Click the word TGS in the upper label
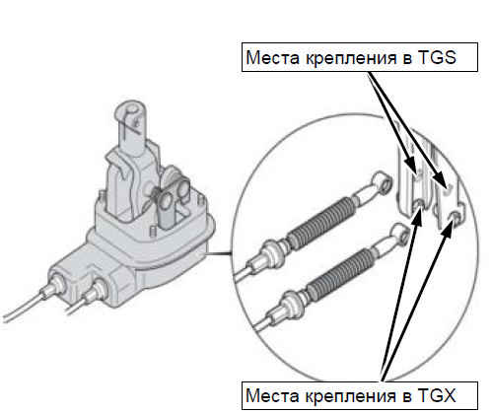pos(437,57)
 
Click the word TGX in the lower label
pos(437,395)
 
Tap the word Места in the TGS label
pos(273,57)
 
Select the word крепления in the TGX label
pos(351,396)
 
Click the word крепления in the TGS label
pos(351,58)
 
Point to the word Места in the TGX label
pos(272,395)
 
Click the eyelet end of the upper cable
pos(383,182)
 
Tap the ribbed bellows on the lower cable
pos(341,272)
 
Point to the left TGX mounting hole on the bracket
pos(418,205)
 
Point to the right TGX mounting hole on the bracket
pos(455,216)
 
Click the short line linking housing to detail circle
pos(218,253)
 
